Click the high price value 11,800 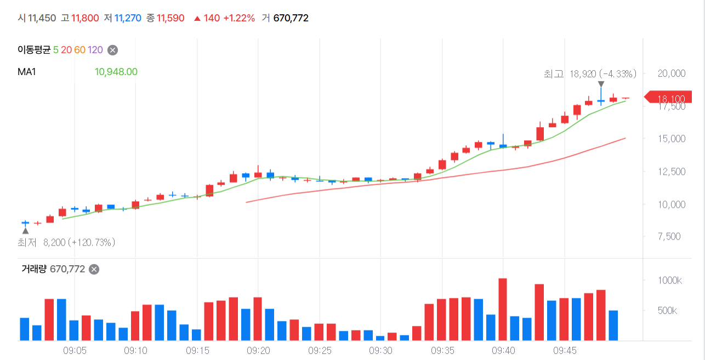(85, 18)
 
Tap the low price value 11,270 (128, 18)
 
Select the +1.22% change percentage (239, 18)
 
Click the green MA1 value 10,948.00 (116, 72)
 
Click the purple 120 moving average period (95, 50)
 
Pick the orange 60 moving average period (79, 50)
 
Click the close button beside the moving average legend (113, 50)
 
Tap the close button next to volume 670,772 (94, 270)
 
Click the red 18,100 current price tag (668, 97)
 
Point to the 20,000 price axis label (672, 73)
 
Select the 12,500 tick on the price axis (672, 172)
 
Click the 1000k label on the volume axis (670, 281)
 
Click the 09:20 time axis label (258, 351)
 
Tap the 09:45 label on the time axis (565, 351)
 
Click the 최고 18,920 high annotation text (590, 73)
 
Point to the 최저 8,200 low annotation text (66, 242)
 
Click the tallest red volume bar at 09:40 (503, 310)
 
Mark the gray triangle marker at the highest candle (601, 84)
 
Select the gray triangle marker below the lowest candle (26, 231)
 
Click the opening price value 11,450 (42, 18)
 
